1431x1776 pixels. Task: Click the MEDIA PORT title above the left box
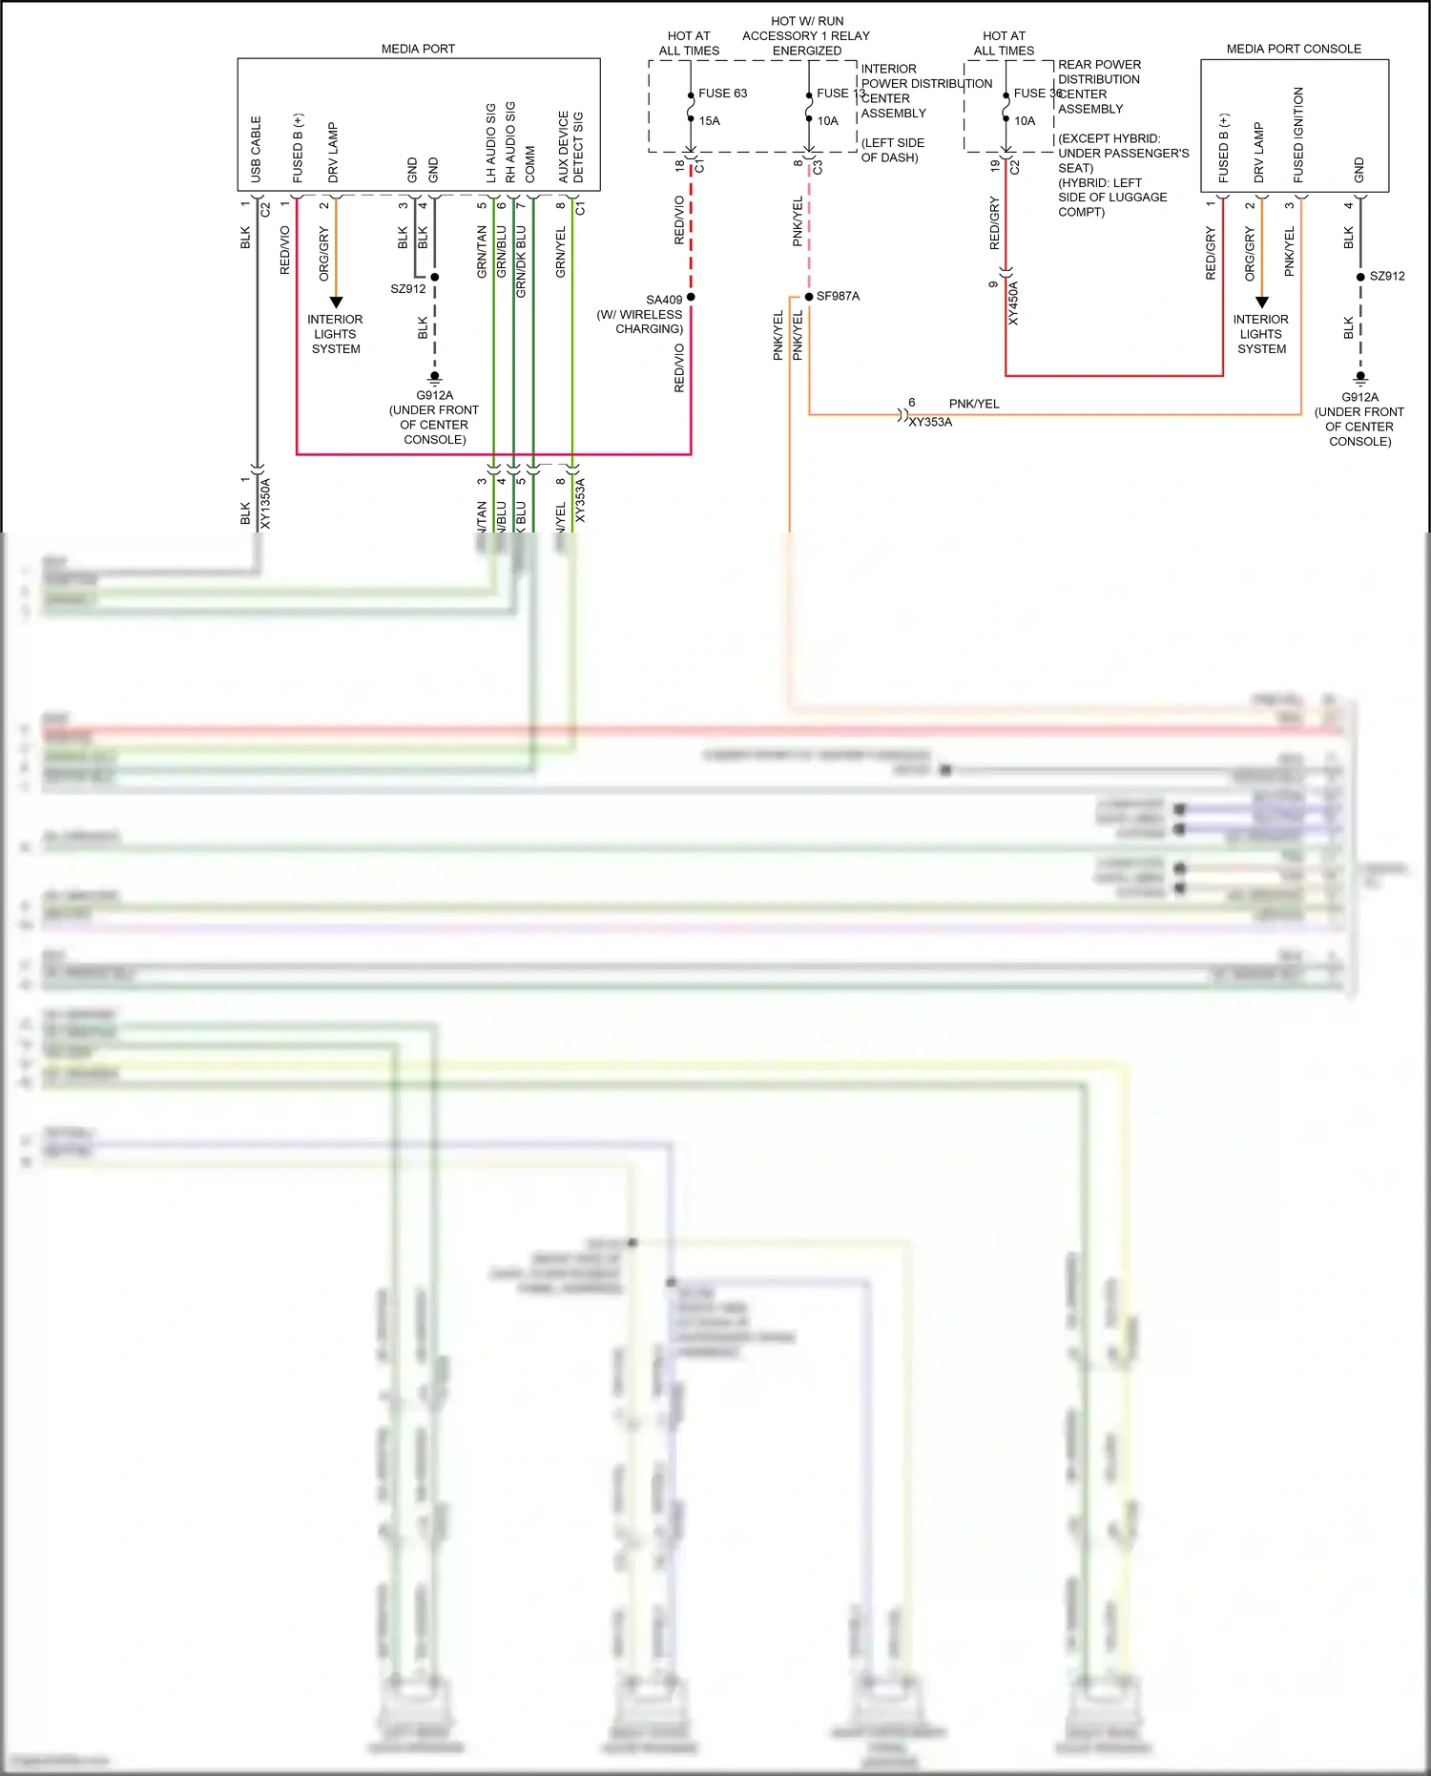(418, 49)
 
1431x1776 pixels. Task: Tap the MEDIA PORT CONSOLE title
(1294, 49)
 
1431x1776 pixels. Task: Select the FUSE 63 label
(722, 94)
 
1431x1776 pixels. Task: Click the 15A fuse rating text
(709, 121)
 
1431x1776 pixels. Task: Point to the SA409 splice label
(664, 300)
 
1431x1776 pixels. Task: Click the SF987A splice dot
(809, 297)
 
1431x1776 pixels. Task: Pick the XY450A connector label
(1013, 303)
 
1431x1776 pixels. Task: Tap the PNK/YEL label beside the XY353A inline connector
(974, 404)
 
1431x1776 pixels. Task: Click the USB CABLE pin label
(256, 149)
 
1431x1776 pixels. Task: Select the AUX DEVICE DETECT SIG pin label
(570, 147)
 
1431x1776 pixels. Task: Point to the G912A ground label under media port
(434, 395)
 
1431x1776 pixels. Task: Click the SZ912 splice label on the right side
(1387, 276)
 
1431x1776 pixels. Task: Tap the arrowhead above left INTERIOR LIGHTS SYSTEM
(336, 303)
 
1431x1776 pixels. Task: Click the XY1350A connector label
(265, 503)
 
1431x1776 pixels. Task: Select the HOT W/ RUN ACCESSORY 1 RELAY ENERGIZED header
(806, 35)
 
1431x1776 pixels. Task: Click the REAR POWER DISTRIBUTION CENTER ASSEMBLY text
(1099, 87)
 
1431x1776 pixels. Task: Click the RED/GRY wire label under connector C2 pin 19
(994, 223)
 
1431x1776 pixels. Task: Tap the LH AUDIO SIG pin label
(491, 143)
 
